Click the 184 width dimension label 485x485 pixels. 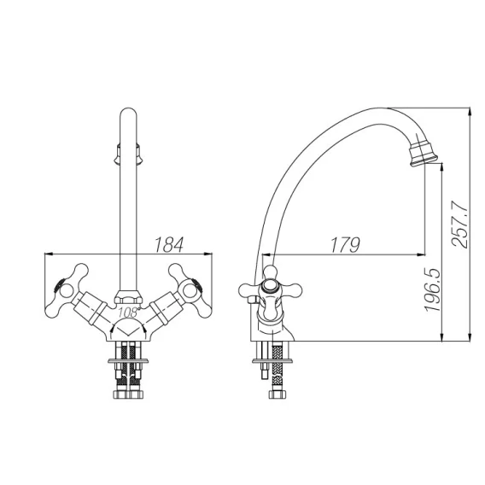pos(169,245)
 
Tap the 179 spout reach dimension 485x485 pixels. pos(346,245)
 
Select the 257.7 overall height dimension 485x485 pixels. pos(459,224)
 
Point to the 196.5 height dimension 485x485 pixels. pos(432,289)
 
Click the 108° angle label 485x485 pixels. pos(128,313)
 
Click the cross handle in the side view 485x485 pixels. pos(270,289)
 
